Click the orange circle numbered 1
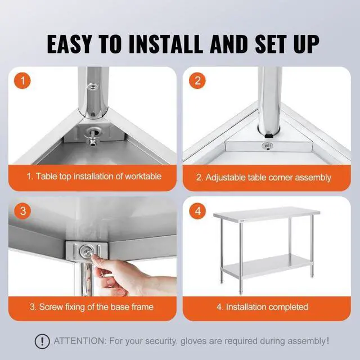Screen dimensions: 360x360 tap(23, 80)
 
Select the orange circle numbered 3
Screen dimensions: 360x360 tap(23, 211)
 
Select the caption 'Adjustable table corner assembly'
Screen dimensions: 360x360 tap(263, 177)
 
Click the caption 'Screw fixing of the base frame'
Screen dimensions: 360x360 tap(92, 307)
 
